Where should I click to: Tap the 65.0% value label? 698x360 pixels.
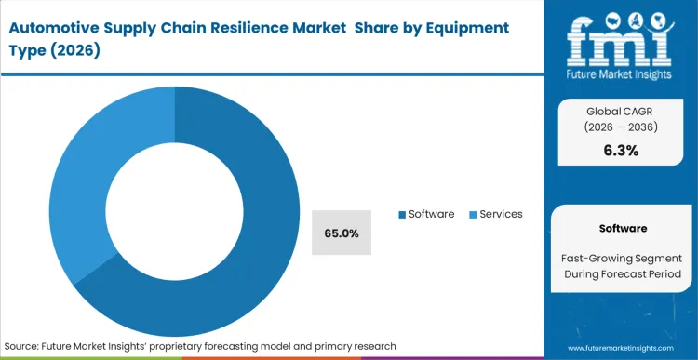click(342, 233)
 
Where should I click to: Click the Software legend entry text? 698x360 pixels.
click(430, 214)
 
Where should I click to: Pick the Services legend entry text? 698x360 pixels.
click(501, 214)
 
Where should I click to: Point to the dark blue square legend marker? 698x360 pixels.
click(402, 215)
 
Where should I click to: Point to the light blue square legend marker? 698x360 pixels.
click(473, 215)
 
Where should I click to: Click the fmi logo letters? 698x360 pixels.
click(620, 41)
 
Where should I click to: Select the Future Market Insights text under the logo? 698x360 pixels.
click(620, 72)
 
